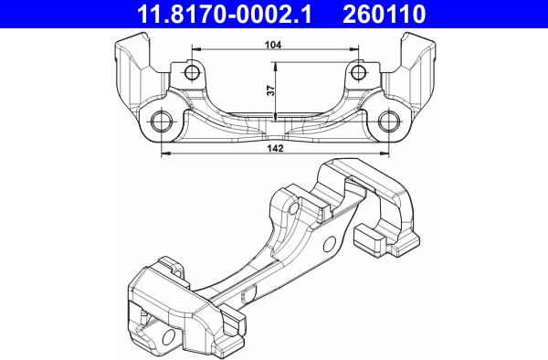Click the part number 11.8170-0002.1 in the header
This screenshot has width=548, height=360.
pos(224,14)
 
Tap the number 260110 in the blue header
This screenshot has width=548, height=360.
pos(385,14)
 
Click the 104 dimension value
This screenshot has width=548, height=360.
pos(273,45)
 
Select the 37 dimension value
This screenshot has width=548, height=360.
pos(271,90)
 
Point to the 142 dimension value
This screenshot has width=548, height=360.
pos(275,148)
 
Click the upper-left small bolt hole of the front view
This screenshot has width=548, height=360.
pos(192,73)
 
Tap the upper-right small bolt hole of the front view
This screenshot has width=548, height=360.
pos(358,73)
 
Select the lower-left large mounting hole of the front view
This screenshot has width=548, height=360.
pos(162,122)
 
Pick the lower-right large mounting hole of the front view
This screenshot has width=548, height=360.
pos(389,122)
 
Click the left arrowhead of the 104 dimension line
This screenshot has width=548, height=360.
pos(195,49)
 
